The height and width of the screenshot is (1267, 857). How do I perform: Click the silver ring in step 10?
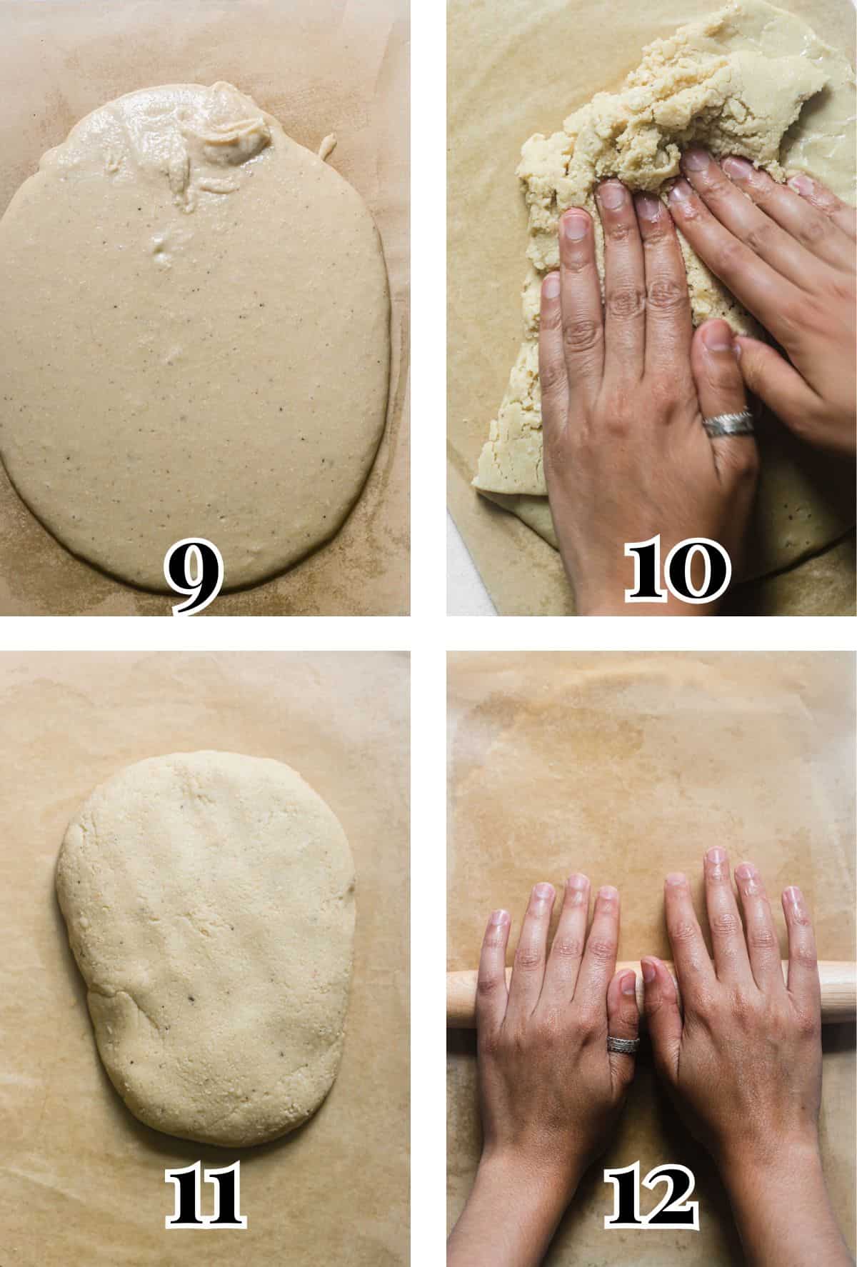[x=726, y=423]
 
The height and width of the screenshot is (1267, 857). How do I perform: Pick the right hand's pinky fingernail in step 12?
[x=792, y=896]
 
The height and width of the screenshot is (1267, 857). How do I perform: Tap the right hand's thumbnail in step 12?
[x=652, y=970]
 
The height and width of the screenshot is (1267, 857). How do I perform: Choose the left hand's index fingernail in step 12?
[x=607, y=893]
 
